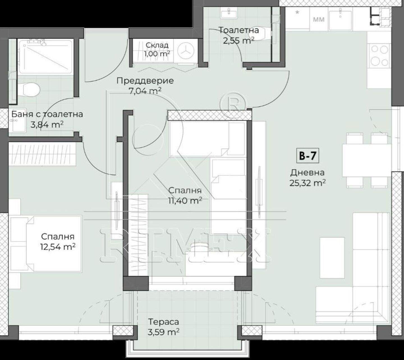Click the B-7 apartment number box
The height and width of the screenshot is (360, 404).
(308, 156)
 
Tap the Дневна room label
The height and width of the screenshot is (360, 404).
(307, 173)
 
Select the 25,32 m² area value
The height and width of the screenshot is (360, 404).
(308, 183)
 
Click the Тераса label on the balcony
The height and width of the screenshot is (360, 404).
(164, 322)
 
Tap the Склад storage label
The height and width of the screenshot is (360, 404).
(157, 45)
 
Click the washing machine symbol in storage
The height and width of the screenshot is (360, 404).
(185, 52)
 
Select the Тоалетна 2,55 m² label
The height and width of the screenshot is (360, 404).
(239, 35)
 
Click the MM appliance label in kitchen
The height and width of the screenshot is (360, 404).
(319, 19)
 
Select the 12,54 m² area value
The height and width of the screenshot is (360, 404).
(58, 247)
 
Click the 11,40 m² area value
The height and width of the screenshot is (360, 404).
(185, 200)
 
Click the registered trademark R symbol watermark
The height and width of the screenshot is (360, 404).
(233, 102)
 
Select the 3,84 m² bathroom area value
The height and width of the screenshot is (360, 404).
(47, 125)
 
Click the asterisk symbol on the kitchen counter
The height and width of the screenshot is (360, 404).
(297, 13)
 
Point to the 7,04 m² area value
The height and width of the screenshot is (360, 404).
(145, 91)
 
